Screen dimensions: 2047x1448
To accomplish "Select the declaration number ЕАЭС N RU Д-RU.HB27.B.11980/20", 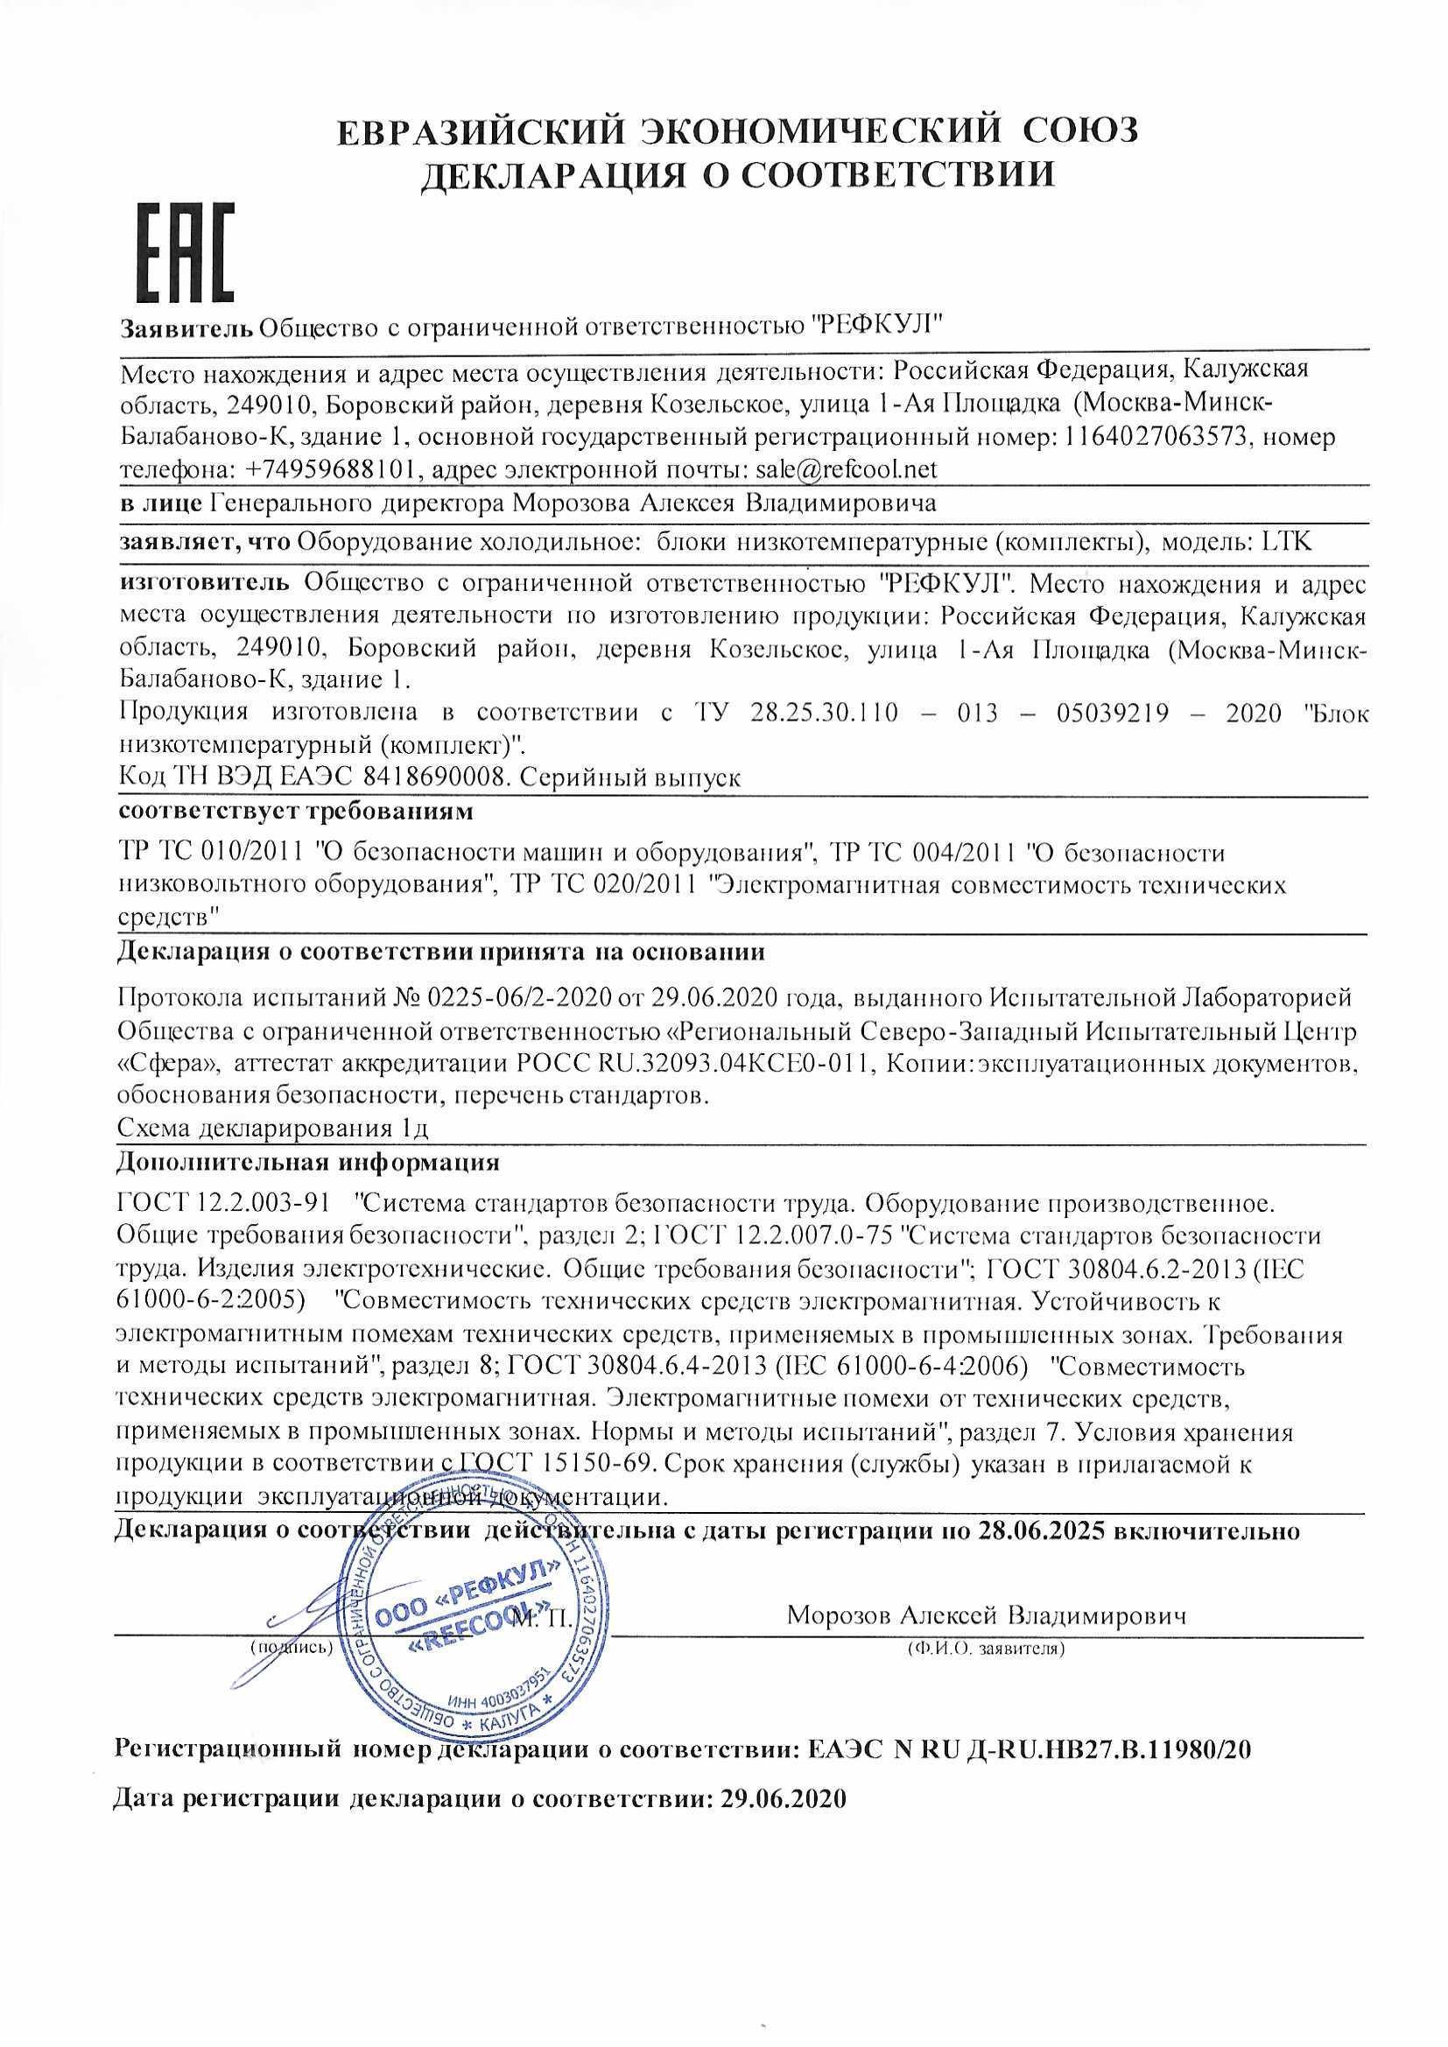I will pos(1029,1748).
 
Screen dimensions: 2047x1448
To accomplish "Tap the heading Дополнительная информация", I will pos(308,1163).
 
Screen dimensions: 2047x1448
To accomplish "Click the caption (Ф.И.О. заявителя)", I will pos(985,1649).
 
